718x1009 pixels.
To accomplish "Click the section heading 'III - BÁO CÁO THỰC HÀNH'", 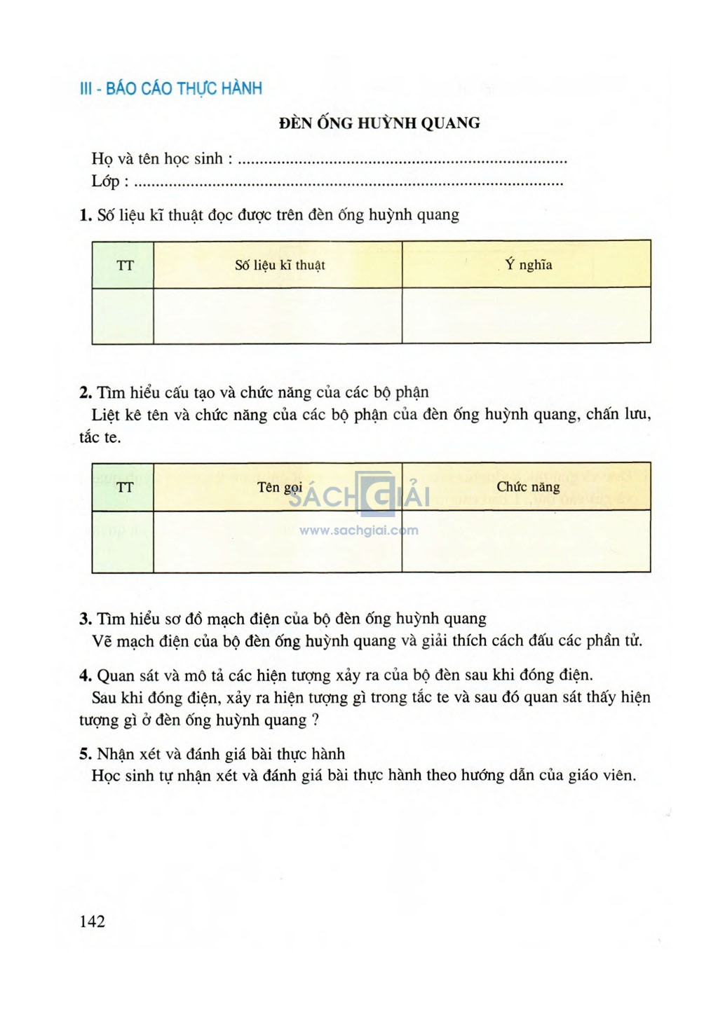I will pos(171,89).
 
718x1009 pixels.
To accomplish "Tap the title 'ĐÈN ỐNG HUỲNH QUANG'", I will pos(379,123).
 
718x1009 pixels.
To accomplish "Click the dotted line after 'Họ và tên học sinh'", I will pos(402,161).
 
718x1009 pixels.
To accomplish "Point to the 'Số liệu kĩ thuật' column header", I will pos(280,265).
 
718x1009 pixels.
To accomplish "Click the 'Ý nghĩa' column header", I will pos(528,265).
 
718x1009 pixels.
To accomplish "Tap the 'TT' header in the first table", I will pos(125,265).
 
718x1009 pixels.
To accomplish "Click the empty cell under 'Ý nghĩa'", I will pos(527,315).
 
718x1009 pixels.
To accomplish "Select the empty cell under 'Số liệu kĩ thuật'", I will pos(278,315).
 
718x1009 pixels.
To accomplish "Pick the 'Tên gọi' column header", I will pos(279,487).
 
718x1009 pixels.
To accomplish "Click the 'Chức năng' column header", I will pos(528,487).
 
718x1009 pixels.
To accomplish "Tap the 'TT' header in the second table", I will pos(125,487).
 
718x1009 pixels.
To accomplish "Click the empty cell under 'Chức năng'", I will pos(527,541).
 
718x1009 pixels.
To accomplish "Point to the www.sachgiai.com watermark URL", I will pos(358,530).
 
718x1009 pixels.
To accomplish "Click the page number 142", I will pos(93,921).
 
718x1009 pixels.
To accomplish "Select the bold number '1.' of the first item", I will pos(86,215).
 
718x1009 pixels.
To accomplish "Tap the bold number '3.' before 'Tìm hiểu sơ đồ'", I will pos(86,619).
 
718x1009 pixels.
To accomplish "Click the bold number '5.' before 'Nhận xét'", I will pos(86,754).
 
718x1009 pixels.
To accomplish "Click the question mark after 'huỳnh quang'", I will pos(316,720).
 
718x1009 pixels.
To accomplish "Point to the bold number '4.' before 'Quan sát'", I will pos(86,675).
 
